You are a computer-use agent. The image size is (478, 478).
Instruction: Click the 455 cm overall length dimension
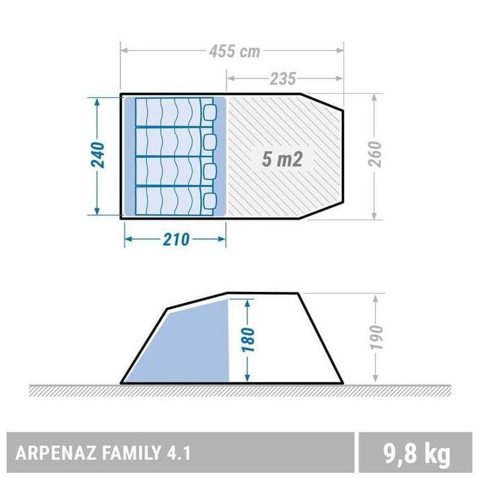[x=233, y=51]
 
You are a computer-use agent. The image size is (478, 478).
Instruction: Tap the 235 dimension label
[x=283, y=78]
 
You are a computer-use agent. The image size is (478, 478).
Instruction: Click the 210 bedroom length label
[x=175, y=239]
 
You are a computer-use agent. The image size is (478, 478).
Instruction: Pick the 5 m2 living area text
[x=281, y=159]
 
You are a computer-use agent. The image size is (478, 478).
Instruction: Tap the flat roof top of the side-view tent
[x=264, y=293]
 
